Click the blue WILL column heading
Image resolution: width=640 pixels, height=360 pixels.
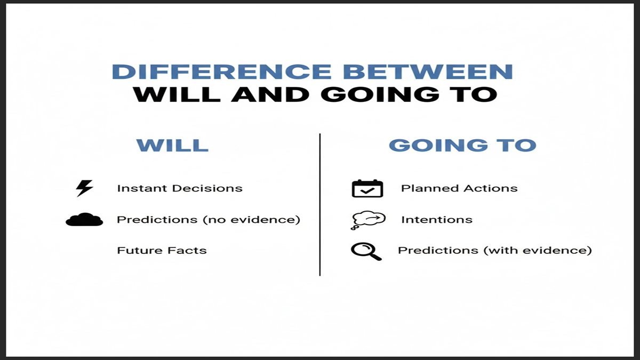172,145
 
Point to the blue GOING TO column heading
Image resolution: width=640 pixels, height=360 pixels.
462,145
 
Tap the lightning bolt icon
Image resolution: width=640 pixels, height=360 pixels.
84,188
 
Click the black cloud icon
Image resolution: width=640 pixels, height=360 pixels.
84,219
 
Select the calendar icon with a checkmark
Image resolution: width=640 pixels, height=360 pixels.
367,188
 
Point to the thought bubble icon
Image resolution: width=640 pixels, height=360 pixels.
367,220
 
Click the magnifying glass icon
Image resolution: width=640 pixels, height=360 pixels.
366,251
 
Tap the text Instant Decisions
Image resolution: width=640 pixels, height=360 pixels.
180,188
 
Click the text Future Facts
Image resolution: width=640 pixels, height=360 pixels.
162,250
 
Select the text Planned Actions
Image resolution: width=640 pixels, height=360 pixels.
459,188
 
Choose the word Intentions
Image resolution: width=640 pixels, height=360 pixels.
437,219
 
